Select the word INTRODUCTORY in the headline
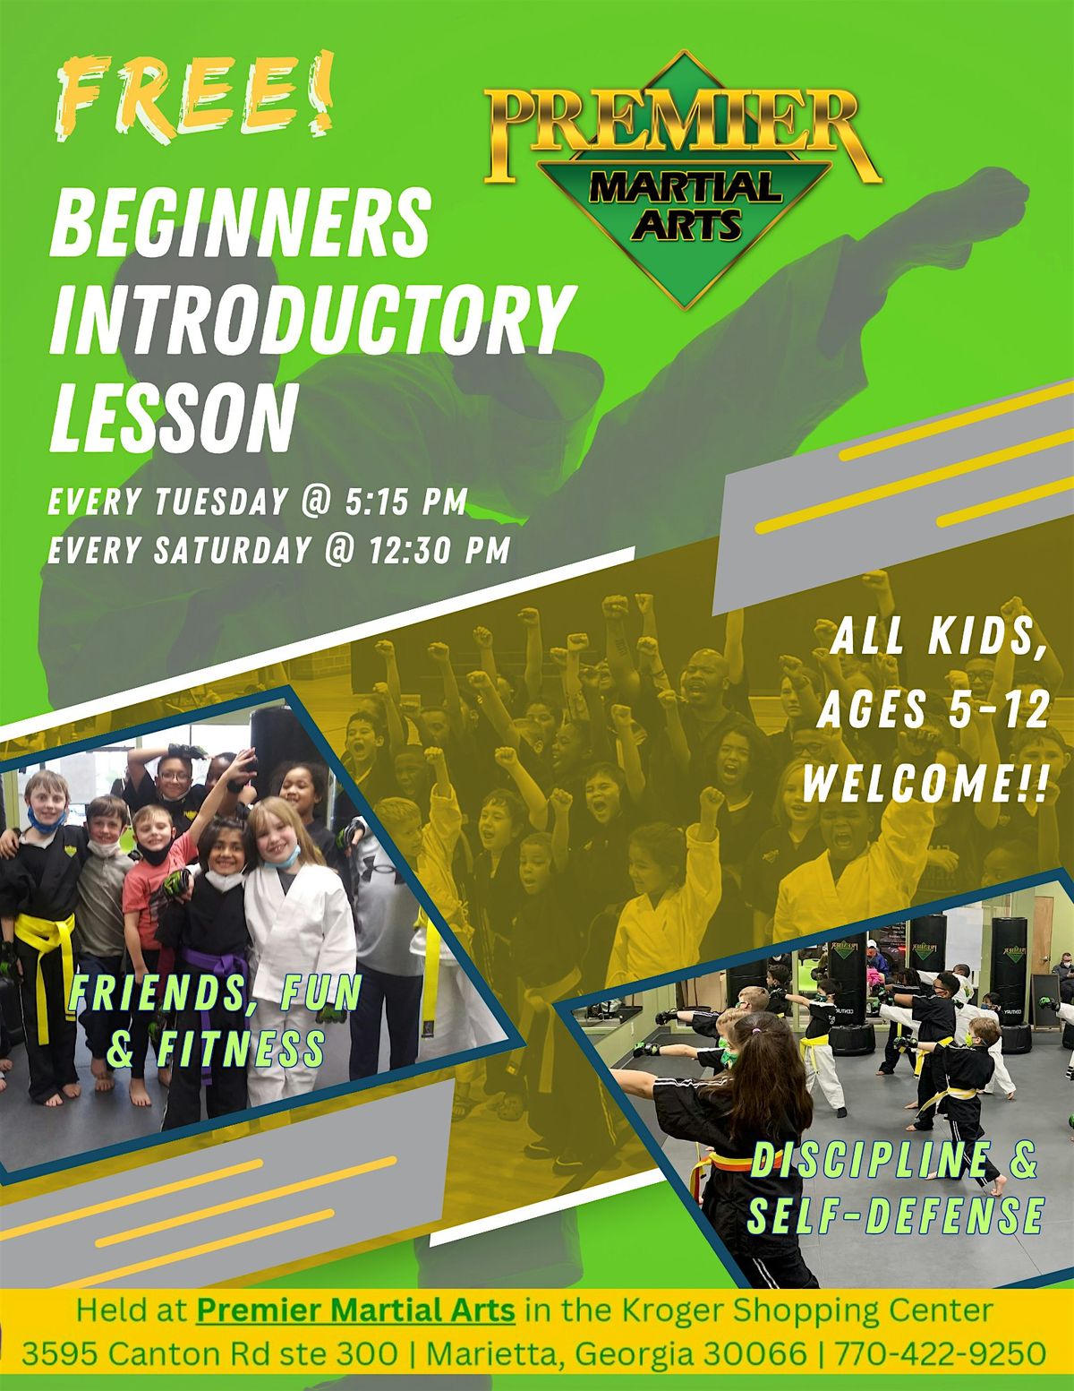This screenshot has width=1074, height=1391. [x=309, y=317]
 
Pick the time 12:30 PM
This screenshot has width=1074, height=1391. [x=439, y=550]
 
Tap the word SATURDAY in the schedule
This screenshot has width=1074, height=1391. [x=232, y=550]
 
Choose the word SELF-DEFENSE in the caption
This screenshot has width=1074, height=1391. [x=895, y=1215]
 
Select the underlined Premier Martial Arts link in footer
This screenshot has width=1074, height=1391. [x=355, y=1311]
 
